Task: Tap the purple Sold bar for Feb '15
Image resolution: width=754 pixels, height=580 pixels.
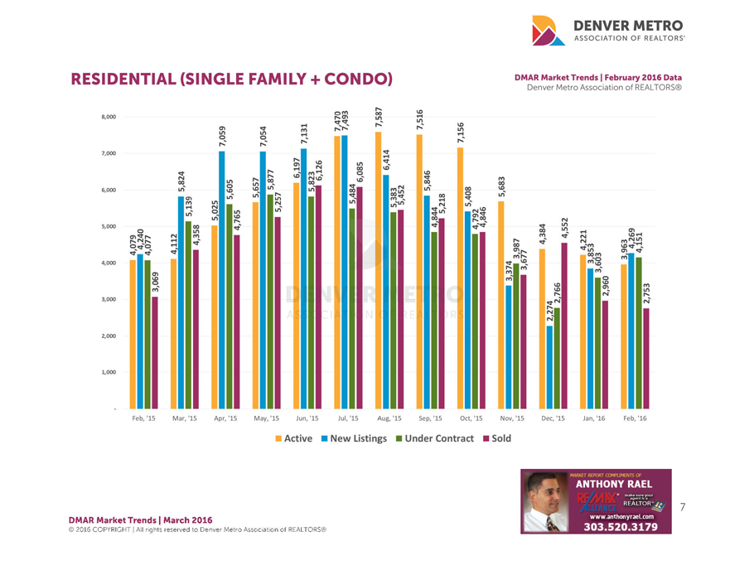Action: click(x=155, y=352)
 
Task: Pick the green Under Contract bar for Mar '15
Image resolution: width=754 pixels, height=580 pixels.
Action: click(x=188, y=315)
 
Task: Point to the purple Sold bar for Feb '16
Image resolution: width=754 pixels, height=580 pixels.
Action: click(x=646, y=358)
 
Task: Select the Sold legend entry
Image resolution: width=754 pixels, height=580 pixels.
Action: click(x=496, y=437)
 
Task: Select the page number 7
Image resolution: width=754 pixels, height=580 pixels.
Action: click(x=684, y=505)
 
